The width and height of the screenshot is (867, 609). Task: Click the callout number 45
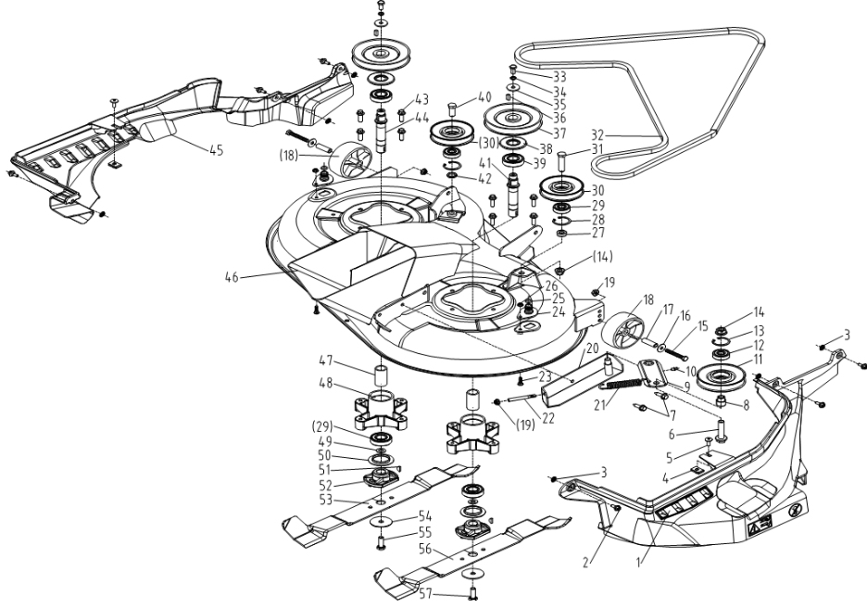click(x=215, y=150)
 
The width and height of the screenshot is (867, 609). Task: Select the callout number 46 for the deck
click(x=233, y=276)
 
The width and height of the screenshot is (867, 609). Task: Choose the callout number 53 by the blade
click(x=349, y=499)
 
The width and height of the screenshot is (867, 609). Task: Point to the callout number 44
click(x=421, y=118)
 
